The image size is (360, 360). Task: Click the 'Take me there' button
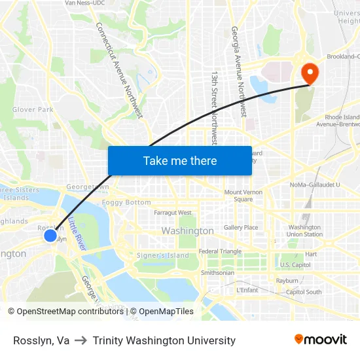click(x=180, y=160)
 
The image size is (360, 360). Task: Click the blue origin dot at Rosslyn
click(x=50, y=234)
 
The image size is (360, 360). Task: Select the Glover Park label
click(x=33, y=109)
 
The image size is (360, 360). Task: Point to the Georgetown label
click(x=88, y=187)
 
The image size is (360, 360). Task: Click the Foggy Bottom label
click(x=126, y=202)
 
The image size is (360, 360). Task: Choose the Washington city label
click(x=187, y=231)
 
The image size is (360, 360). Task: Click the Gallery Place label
click(x=241, y=228)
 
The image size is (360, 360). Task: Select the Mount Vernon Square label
click(x=243, y=196)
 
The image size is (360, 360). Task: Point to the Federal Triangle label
click(x=220, y=251)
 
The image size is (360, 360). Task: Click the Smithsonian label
click(x=217, y=272)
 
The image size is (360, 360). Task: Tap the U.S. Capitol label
click(x=295, y=265)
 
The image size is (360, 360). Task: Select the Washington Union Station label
click(x=304, y=230)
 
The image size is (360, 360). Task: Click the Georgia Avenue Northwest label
click(x=238, y=72)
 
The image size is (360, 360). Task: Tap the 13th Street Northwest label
click(x=214, y=108)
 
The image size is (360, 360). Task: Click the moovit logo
click(x=320, y=339)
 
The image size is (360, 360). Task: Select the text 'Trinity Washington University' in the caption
click(x=164, y=340)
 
